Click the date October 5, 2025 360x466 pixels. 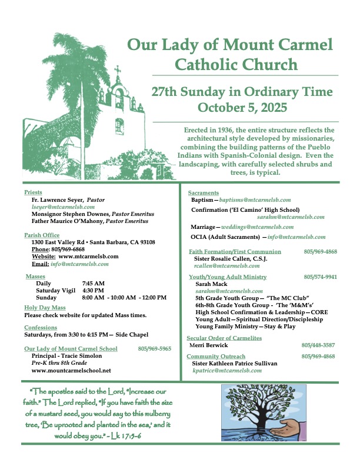coord(242,108)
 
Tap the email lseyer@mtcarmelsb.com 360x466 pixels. coord(56,208)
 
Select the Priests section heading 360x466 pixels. coord(34,192)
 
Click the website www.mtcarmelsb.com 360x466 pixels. coord(89,257)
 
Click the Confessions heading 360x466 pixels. coord(41,327)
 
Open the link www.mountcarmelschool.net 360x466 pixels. coord(71,371)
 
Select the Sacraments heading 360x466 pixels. coord(204,193)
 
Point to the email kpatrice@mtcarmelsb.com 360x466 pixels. coord(228,371)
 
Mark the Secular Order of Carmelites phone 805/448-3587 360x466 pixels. coord(319,345)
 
